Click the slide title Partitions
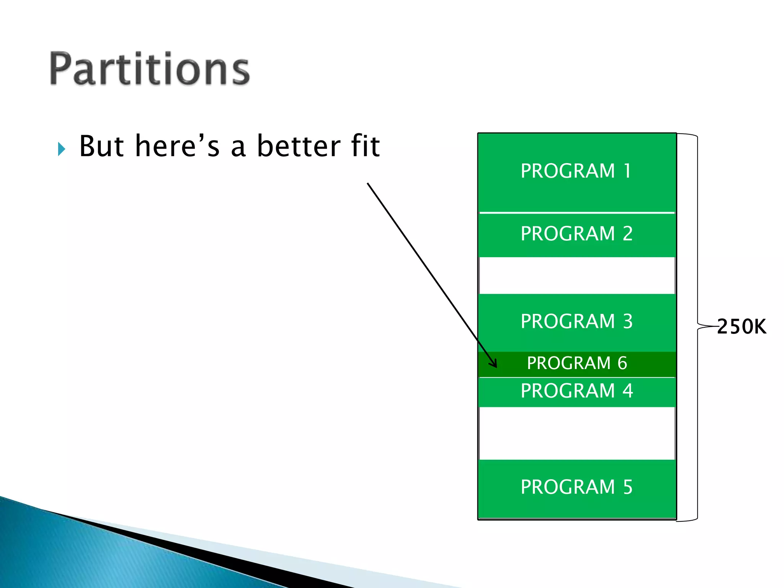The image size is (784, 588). (149, 69)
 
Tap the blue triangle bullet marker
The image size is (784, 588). (62, 149)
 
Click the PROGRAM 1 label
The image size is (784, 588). (576, 171)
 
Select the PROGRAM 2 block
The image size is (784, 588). (577, 234)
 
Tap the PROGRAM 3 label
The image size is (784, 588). (577, 321)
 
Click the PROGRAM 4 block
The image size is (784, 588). (577, 391)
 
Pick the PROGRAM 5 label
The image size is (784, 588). (577, 487)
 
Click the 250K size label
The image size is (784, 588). (741, 327)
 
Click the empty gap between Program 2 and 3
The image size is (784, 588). (577, 276)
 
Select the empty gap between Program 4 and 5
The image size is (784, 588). (577, 433)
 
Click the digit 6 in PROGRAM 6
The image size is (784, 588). (622, 363)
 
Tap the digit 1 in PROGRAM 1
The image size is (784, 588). (627, 171)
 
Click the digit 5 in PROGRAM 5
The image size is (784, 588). (627, 487)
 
